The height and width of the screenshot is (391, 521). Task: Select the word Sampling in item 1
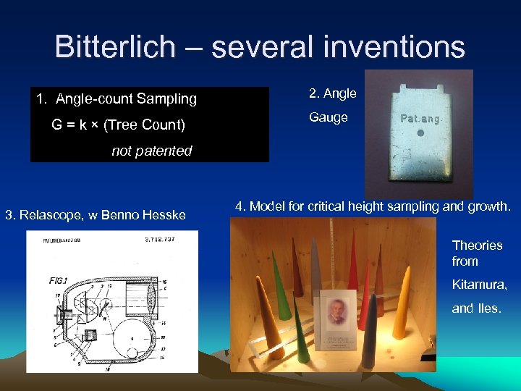[168, 98]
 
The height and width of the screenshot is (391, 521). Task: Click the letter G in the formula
[57, 125]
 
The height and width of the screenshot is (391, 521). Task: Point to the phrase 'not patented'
[151, 151]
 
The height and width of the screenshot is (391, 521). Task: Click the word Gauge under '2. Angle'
[329, 117]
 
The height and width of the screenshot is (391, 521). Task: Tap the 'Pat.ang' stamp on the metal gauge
[419, 117]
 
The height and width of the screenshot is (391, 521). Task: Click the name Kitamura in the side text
[479, 285]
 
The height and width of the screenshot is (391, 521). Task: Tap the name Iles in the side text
[488, 308]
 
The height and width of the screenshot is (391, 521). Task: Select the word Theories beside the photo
[477, 245]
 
